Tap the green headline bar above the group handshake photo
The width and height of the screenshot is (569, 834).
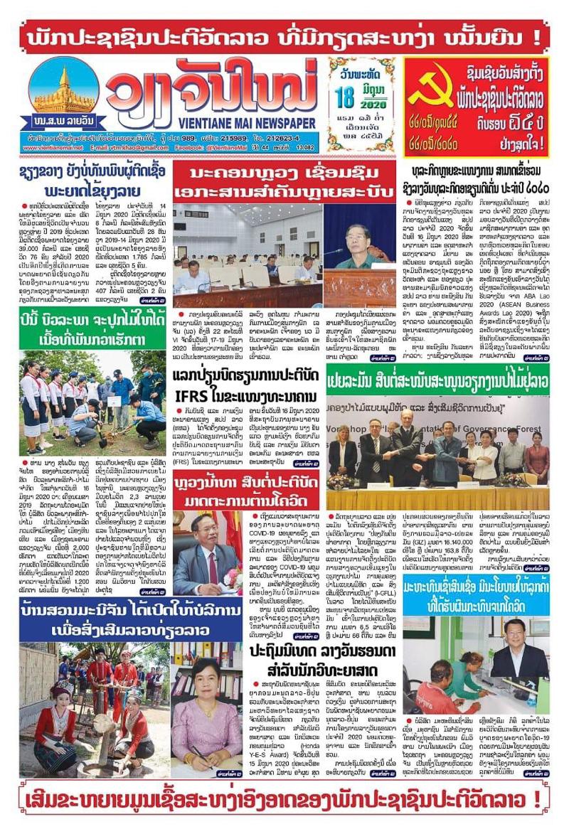pyautogui.click(x=437, y=380)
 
